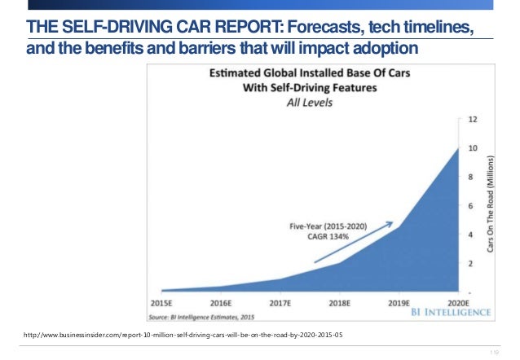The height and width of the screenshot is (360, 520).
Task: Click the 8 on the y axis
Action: pyautogui.click(x=470, y=178)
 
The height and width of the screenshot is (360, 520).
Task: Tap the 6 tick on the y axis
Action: pyautogui.click(x=470, y=206)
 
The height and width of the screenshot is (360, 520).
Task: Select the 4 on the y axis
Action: pyautogui.click(x=470, y=235)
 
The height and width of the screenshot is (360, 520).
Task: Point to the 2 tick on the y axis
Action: pyautogui.click(x=470, y=263)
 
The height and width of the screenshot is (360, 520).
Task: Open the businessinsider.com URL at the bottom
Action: pyautogui.click(x=184, y=335)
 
